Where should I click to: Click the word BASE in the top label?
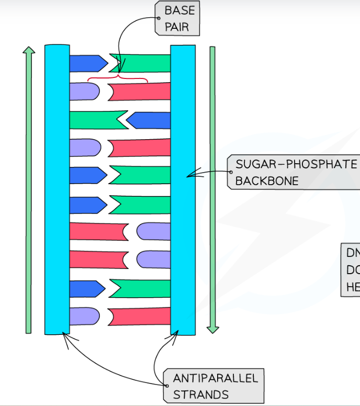tap(179, 10)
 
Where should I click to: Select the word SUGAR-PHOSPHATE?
tap(296, 164)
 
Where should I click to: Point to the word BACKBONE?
tap(267, 181)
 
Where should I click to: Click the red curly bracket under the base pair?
tap(118, 80)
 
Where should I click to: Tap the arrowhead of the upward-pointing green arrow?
tap(29, 51)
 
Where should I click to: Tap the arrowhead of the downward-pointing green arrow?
tap(212, 330)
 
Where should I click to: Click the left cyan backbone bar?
tap(57, 188)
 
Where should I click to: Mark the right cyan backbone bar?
tap(183, 188)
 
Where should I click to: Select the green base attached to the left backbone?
tap(97, 119)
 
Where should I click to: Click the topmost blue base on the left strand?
tap(87, 63)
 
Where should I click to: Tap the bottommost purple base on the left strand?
tap(84, 316)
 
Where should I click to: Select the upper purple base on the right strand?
tap(154, 231)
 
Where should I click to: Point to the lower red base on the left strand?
tap(97, 259)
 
